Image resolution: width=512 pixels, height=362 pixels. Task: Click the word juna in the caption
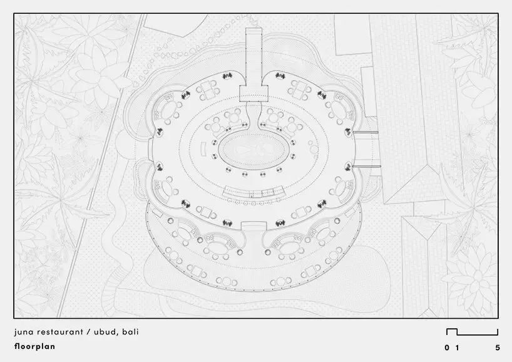coord(24,333)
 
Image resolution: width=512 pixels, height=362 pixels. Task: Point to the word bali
coord(131,332)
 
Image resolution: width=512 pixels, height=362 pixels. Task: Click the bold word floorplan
coord(34,346)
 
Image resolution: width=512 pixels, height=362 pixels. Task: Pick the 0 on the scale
coord(447,348)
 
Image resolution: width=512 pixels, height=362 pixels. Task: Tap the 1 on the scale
coord(457,348)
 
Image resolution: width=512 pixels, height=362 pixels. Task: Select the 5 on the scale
coord(498,348)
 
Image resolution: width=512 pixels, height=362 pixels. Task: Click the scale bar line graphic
coord(472,334)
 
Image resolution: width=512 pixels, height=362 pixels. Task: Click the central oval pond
coord(253,151)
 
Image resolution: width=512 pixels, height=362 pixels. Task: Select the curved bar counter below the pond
coord(253,192)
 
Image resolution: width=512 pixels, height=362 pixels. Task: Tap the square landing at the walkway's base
coord(253,93)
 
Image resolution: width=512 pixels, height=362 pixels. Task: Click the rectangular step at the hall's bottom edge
coord(253,226)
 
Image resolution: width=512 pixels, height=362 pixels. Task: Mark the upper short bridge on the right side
coord(365,132)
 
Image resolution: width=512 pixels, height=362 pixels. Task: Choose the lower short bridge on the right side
coord(366,167)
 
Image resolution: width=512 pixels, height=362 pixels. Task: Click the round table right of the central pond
coord(314,149)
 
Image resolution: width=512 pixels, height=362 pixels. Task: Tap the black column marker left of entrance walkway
coord(227,76)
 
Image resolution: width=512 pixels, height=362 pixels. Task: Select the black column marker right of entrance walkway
coord(280,76)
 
